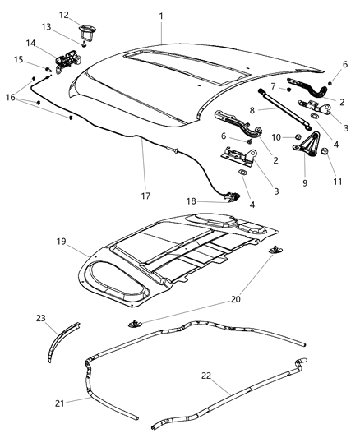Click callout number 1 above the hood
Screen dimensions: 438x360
(161, 16)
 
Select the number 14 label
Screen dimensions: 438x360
(30, 43)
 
